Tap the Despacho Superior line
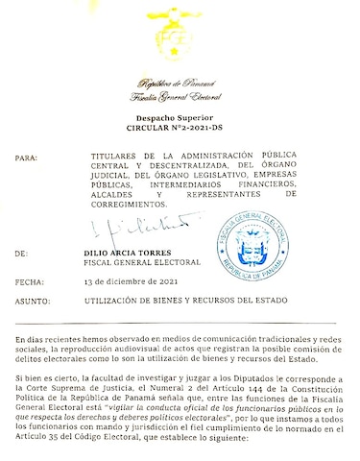[x=180, y=116]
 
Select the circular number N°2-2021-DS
[x=180, y=127]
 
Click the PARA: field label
[x=29, y=156]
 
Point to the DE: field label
[x=23, y=254]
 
